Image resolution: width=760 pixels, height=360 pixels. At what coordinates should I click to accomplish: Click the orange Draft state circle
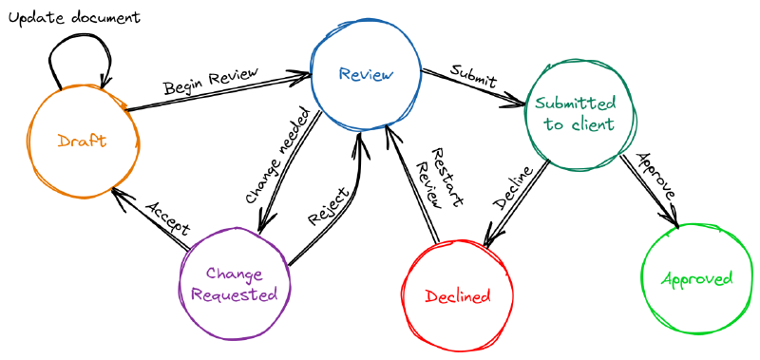[x=81, y=142]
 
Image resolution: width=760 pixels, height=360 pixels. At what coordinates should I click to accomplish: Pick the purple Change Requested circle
[x=234, y=285]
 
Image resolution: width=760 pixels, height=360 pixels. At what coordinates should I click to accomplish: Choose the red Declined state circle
[x=457, y=295]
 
